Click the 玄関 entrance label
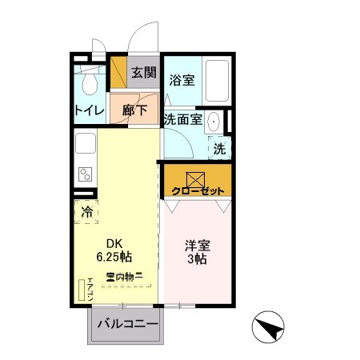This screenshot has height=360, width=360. [143, 73]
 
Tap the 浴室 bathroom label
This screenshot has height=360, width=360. [182, 79]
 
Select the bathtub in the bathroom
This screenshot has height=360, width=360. [215, 82]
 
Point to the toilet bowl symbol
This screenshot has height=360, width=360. [90, 83]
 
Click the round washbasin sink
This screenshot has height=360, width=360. [214, 122]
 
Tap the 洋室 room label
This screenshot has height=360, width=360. [197, 246]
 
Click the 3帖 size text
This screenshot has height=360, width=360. [197, 259]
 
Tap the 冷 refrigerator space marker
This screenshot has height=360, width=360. [87, 212]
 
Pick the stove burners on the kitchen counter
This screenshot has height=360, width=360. [85, 174]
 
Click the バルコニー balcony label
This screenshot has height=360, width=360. [123, 325]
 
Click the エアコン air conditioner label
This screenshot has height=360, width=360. [90, 288]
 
